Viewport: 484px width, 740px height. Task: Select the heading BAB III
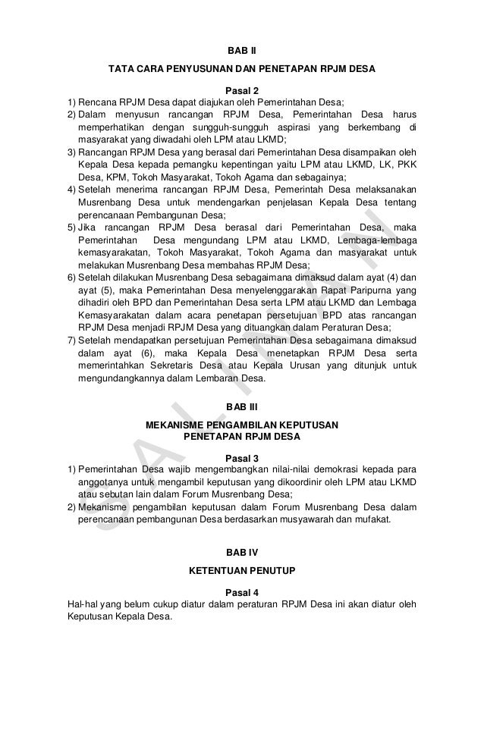pyautogui.click(x=242, y=407)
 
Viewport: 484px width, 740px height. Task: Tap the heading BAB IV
pyautogui.click(x=242, y=550)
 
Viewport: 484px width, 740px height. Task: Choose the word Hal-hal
pyautogui.click(x=81, y=604)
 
